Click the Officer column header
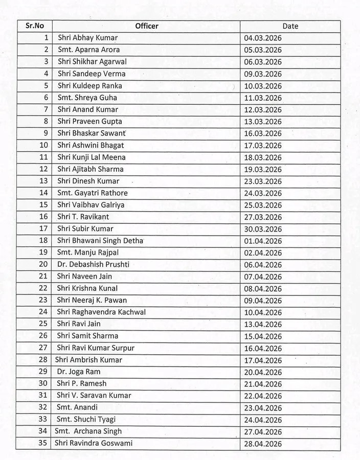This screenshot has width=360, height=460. click(x=147, y=26)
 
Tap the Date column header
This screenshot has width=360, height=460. click(x=290, y=26)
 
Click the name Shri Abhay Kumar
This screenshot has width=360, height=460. click(x=87, y=38)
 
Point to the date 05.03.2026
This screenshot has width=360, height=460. click(x=263, y=50)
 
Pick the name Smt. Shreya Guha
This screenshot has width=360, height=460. click(x=87, y=98)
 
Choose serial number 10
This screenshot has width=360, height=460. click(x=44, y=145)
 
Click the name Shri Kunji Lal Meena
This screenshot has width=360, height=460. click(x=91, y=157)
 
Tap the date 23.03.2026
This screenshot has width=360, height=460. click(x=263, y=181)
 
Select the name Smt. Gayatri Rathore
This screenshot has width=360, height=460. click(x=92, y=193)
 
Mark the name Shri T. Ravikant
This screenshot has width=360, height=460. click(x=83, y=217)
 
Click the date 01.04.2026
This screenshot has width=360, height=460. click(x=263, y=241)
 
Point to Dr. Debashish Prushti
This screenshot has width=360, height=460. click(x=93, y=264)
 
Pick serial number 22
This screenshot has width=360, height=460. click(x=43, y=288)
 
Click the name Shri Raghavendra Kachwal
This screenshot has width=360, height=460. click(x=101, y=312)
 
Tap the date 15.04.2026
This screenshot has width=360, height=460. click(x=263, y=336)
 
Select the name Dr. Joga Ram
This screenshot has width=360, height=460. click(x=78, y=372)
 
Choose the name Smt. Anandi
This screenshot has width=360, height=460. click(x=77, y=407)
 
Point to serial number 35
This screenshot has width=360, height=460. click(x=43, y=443)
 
